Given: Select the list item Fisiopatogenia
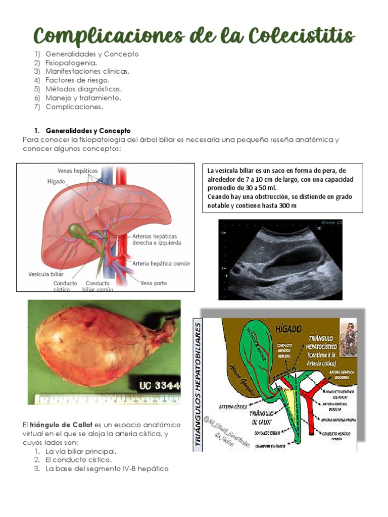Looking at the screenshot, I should coord(71,63).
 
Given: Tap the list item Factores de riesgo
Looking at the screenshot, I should coord(77,80).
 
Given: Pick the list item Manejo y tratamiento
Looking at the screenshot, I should coord(83,98).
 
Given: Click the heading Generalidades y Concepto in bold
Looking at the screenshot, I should coord(88,130).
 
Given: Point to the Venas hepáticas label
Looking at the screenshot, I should coord(77,171).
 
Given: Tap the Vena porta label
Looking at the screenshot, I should coord(154,283).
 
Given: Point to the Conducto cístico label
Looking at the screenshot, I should coord(65,286).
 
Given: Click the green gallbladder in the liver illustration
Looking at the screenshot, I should coord(77,232).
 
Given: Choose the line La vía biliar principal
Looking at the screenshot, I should coord(81,451).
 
